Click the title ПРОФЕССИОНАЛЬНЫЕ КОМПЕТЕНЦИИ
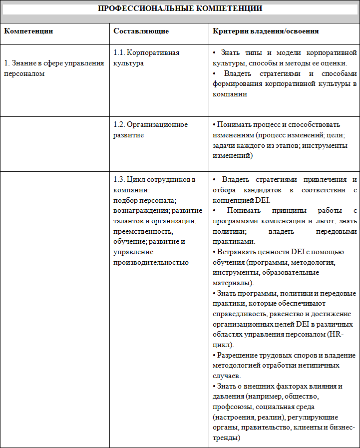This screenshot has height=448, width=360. tap(180, 8)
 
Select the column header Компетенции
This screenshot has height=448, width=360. tap(28, 31)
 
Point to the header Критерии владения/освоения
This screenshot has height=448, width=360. tap(266, 31)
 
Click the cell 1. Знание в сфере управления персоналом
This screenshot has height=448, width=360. tap(54, 68)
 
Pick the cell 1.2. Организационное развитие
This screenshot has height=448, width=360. tap(150, 130)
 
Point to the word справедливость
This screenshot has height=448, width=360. tap(239, 314)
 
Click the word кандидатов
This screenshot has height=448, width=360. tap(260, 190)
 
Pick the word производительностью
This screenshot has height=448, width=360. tap(151, 262)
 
